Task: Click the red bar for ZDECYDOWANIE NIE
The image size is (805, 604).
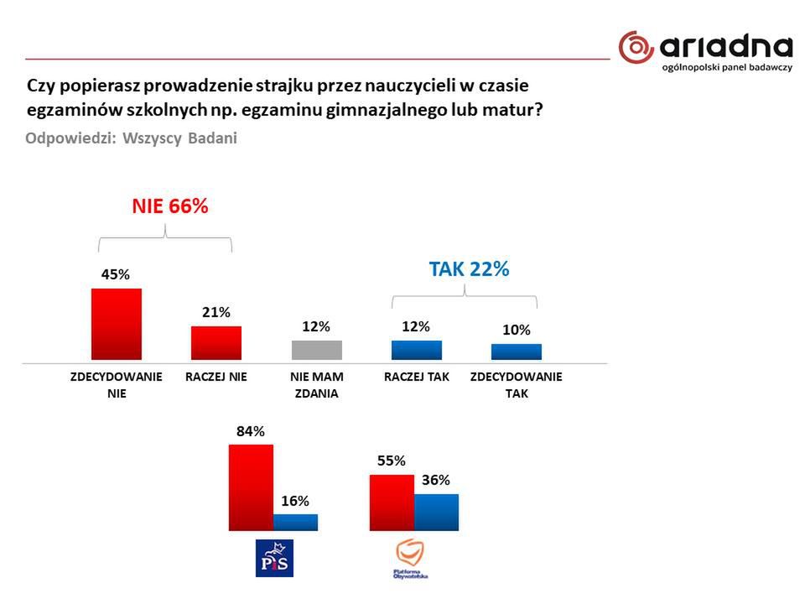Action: click(x=116, y=324)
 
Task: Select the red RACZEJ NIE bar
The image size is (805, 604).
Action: click(x=216, y=342)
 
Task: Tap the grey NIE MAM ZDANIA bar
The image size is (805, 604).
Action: click(x=316, y=350)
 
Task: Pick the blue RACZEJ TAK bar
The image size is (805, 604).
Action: click(x=417, y=350)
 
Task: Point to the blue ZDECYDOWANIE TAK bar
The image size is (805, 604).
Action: click(x=517, y=351)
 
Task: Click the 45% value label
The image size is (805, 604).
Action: click(x=117, y=274)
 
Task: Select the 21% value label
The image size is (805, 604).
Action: click(x=216, y=312)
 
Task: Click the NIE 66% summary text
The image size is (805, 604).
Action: click(x=170, y=206)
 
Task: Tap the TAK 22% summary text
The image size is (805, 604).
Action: click(x=469, y=269)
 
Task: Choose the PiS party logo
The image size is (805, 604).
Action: click(x=274, y=558)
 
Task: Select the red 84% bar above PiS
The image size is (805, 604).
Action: click(x=251, y=487)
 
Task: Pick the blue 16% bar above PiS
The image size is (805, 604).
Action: click(x=295, y=522)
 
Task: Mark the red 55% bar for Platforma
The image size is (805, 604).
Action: click(x=392, y=502)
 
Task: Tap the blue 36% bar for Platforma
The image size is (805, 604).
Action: click(x=436, y=512)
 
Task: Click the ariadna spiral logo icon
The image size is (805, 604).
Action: click(x=636, y=47)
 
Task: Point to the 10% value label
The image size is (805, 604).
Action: click(x=517, y=331)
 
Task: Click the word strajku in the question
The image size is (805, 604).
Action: click(x=263, y=86)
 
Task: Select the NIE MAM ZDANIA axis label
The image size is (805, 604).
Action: click(x=316, y=385)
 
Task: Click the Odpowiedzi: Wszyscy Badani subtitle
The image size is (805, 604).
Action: click(x=132, y=138)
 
